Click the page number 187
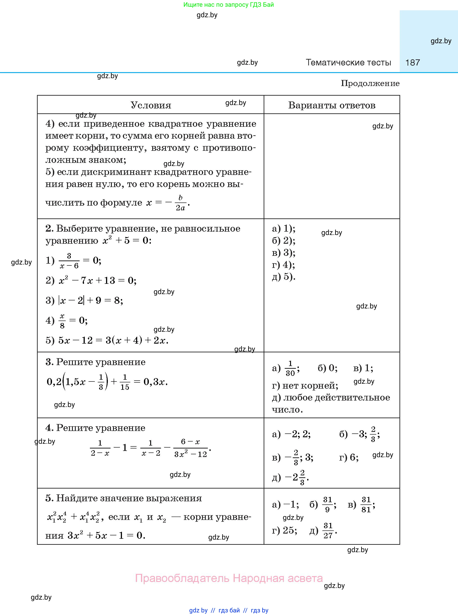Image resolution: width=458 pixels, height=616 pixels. click(x=412, y=62)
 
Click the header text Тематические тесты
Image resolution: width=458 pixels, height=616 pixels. click(x=348, y=62)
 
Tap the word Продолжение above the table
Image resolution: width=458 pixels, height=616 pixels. click(x=370, y=83)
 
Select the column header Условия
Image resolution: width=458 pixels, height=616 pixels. click(x=151, y=105)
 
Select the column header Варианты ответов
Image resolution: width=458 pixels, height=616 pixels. click(x=332, y=105)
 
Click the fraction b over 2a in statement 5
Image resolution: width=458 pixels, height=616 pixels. click(x=180, y=203)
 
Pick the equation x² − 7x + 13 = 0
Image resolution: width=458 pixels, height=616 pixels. click(x=97, y=281)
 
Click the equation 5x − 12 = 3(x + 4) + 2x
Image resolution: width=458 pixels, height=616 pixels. click(x=113, y=340)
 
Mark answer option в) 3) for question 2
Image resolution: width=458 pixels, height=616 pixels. click(x=284, y=253)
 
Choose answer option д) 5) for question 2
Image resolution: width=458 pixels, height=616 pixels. click(x=284, y=276)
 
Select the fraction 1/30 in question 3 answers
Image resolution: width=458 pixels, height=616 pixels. click(x=290, y=368)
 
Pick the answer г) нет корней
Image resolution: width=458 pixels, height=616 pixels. click(x=305, y=386)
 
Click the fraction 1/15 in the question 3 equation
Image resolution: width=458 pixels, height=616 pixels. click(x=125, y=382)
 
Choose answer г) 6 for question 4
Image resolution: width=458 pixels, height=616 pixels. click(x=349, y=457)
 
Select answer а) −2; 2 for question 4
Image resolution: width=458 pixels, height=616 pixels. click(x=291, y=434)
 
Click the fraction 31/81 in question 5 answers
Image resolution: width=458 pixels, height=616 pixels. click(x=366, y=505)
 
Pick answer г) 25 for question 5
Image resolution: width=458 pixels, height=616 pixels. click(x=284, y=530)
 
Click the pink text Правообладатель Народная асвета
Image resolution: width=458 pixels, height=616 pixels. click(x=229, y=578)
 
